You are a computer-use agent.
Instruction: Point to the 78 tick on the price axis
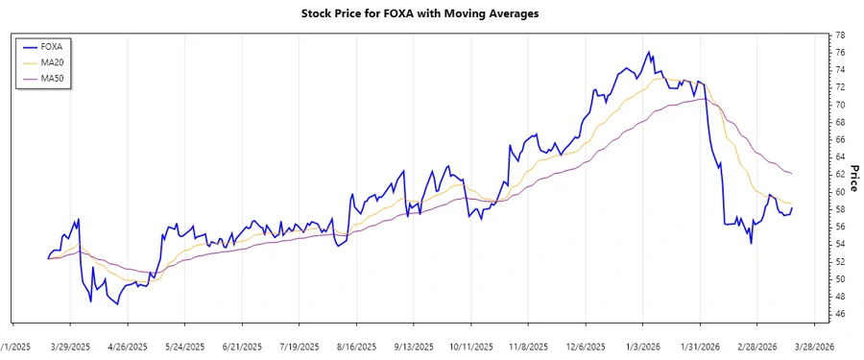[x=840, y=36]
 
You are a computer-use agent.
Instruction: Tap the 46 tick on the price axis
[x=840, y=314]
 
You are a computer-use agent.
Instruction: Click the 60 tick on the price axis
[x=840, y=192]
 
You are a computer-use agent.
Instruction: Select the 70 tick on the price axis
[x=840, y=105]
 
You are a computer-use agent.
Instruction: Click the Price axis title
[x=854, y=175]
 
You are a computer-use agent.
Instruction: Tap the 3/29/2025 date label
[x=70, y=347]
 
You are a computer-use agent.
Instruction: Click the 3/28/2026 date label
[x=812, y=347]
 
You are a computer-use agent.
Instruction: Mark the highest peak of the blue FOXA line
[x=649, y=52]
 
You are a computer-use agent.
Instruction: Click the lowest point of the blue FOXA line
[x=118, y=304]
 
